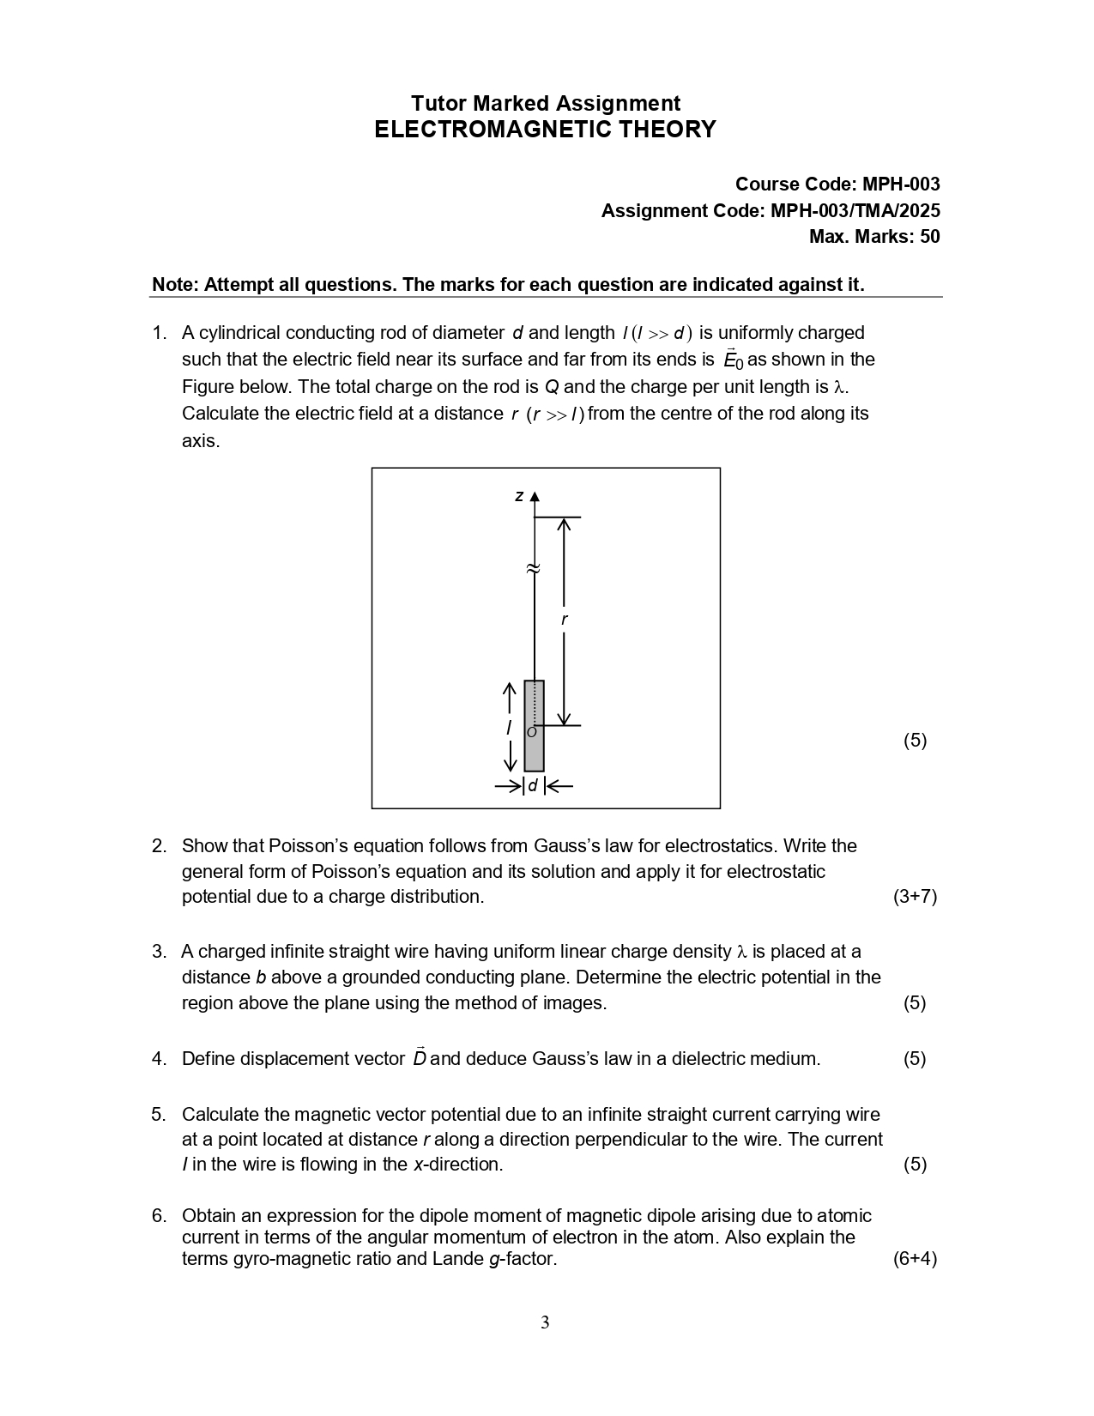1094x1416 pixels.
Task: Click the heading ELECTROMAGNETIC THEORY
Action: click(x=545, y=130)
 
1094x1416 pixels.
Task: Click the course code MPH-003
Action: click(x=901, y=185)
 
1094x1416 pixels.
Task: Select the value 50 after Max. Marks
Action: click(x=929, y=237)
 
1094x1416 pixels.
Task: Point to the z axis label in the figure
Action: click(x=518, y=496)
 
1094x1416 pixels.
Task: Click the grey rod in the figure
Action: click(x=534, y=726)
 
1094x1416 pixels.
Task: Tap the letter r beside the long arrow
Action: click(x=564, y=620)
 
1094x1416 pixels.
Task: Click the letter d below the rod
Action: click(x=533, y=785)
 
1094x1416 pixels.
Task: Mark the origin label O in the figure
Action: click(x=531, y=732)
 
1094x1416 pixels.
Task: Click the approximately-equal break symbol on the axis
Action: click(x=533, y=568)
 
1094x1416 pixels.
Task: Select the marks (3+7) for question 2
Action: click(x=915, y=897)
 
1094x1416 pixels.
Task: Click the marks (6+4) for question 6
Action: click(x=915, y=1259)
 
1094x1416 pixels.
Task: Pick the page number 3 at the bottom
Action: click(x=545, y=1322)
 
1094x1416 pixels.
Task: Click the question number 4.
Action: click(x=159, y=1059)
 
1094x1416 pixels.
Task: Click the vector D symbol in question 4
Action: click(x=420, y=1057)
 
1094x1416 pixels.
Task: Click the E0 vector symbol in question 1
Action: click(x=733, y=360)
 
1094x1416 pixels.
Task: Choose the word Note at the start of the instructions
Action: click(x=174, y=285)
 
